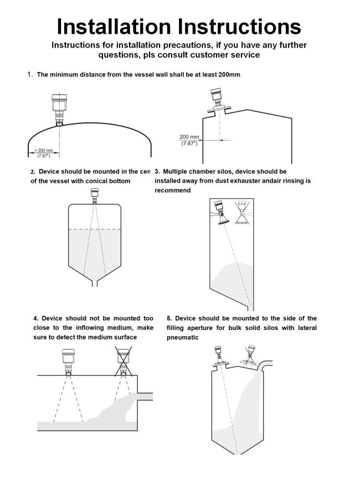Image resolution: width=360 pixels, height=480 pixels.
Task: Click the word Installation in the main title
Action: coord(114,26)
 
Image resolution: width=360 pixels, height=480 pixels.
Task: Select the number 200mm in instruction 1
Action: coord(227,74)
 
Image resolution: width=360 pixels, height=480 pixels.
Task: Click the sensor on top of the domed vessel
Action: coord(59,109)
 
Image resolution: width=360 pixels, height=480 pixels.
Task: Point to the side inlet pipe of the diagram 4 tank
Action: coord(145,397)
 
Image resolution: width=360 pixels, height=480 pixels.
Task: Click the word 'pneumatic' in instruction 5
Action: coord(182,337)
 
